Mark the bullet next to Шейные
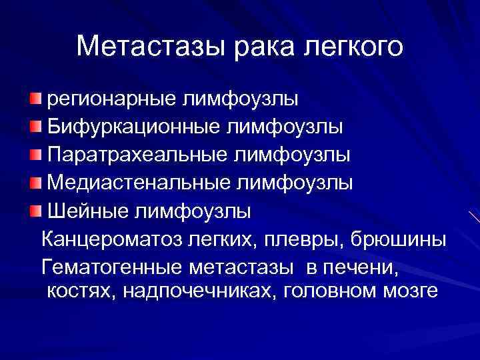point(35,212)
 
